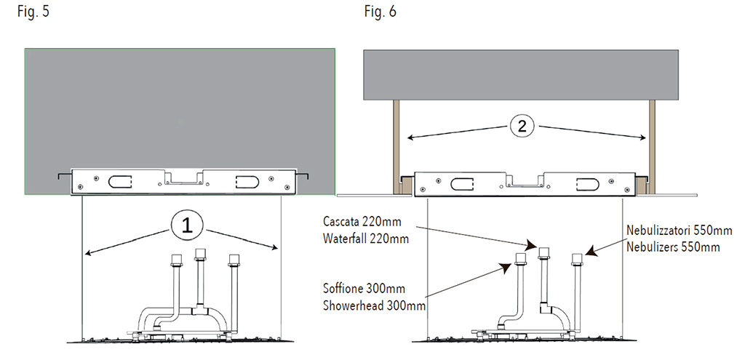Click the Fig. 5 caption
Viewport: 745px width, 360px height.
tap(33, 12)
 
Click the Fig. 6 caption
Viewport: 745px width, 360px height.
tap(380, 12)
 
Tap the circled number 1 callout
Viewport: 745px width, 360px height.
tap(188, 226)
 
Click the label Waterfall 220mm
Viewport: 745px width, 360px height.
tap(366, 237)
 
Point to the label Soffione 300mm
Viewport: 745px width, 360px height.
tap(364, 289)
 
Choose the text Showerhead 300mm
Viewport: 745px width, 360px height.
tap(374, 305)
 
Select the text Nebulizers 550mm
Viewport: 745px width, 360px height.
tap(673, 247)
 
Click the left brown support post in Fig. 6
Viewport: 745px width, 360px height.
tap(396, 146)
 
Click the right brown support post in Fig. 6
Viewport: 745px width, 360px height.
tap(652, 146)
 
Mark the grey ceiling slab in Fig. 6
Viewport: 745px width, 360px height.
tap(521, 75)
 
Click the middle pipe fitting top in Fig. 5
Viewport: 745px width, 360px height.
tap(201, 255)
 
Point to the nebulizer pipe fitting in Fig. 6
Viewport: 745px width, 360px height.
tap(577, 260)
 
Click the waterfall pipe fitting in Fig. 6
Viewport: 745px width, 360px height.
tap(544, 254)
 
